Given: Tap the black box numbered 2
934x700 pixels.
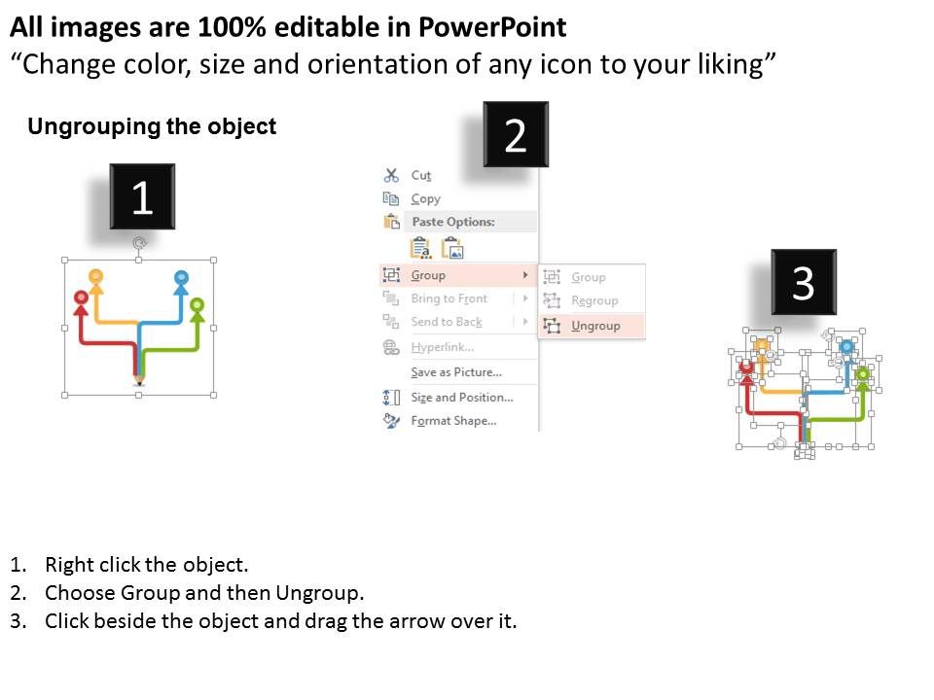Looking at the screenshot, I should pyautogui.click(x=516, y=135).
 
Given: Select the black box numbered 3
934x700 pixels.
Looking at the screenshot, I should pyautogui.click(x=803, y=282).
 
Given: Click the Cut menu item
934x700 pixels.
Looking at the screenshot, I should pyautogui.click(x=420, y=175).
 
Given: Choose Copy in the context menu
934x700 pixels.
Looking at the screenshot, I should pyautogui.click(x=425, y=198).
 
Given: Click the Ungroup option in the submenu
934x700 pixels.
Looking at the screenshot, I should pyautogui.click(x=594, y=326).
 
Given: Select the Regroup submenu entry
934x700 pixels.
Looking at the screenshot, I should pyautogui.click(x=593, y=300).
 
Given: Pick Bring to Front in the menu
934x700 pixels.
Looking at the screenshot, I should pyautogui.click(x=449, y=298).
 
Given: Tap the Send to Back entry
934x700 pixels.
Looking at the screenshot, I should pyautogui.click(x=446, y=322).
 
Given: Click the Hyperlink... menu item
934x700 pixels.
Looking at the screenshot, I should pyautogui.click(x=442, y=347).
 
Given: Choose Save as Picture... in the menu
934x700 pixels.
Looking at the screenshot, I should pyautogui.click(x=455, y=372).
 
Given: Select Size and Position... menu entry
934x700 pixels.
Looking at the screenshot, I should pyautogui.click(x=461, y=397).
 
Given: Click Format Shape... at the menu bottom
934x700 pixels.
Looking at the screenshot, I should pyautogui.click(x=453, y=421).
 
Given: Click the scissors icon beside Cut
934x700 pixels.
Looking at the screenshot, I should pyautogui.click(x=391, y=175).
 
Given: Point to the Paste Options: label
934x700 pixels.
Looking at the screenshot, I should pyautogui.click(x=453, y=222).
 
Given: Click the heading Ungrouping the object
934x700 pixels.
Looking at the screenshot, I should pyautogui.click(x=152, y=126).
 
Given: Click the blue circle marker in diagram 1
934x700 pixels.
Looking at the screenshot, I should pyautogui.click(x=181, y=278).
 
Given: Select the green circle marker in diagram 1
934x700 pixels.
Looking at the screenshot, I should pyautogui.click(x=198, y=305).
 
